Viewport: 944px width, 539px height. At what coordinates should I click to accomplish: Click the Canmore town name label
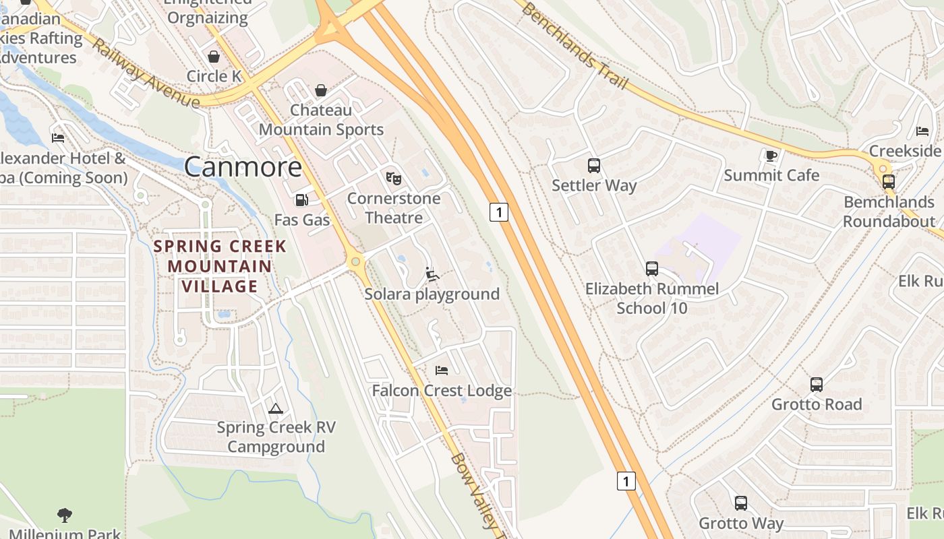[243, 166]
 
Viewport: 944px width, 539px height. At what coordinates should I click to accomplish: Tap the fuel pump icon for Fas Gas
[301, 200]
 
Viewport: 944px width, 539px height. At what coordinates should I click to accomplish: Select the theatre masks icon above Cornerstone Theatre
[394, 179]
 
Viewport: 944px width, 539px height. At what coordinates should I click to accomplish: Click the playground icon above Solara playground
[432, 274]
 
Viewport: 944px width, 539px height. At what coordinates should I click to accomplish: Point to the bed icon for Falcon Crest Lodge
[442, 371]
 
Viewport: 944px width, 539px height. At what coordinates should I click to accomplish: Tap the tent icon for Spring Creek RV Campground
[275, 408]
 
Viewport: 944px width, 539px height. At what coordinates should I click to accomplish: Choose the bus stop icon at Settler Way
[594, 165]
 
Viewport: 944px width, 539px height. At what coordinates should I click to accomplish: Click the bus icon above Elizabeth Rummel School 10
[651, 269]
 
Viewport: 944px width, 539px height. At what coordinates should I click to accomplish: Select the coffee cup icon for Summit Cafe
[771, 156]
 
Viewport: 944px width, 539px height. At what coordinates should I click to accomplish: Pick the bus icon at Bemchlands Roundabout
[889, 181]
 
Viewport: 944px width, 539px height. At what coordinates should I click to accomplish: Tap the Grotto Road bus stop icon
[817, 385]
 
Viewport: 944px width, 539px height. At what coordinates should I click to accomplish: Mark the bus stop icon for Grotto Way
[741, 503]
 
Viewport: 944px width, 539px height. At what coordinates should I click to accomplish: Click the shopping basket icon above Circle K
[214, 57]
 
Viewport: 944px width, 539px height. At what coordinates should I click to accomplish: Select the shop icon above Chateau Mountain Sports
[321, 90]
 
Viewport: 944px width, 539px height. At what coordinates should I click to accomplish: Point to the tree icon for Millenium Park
[65, 515]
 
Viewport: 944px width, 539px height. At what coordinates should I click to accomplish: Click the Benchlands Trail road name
[574, 47]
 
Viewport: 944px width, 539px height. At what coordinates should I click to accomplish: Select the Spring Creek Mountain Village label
[220, 266]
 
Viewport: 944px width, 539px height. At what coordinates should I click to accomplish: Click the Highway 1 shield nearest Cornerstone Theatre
[498, 212]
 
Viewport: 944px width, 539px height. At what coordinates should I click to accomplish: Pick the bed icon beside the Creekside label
[922, 131]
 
